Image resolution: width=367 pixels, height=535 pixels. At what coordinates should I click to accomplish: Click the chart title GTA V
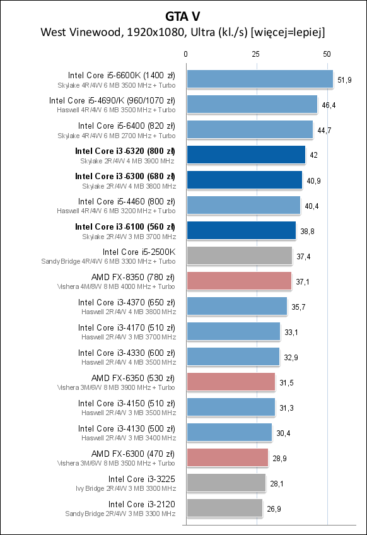click(x=183, y=14)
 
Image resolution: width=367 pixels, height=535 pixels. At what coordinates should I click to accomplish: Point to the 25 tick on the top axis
click(x=256, y=55)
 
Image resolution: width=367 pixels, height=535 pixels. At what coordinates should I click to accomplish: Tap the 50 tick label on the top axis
click(x=327, y=55)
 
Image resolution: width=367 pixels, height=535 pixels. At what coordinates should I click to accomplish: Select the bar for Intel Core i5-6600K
click(x=259, y=79)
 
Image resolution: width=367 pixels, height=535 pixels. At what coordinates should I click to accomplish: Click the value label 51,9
click(x=345, y=79)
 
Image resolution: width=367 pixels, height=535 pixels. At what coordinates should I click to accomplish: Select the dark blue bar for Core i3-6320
click(x=245, y=155)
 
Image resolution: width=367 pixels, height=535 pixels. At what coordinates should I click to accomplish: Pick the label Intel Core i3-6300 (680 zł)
click(x=125, y=176)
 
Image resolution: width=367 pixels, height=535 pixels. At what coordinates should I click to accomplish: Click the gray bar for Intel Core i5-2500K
click(x=239, y=256)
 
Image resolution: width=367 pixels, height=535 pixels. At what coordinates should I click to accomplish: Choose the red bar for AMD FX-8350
click(x=238, y=281)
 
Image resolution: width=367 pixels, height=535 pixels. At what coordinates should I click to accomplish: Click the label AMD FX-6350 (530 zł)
click(x=133, y=378)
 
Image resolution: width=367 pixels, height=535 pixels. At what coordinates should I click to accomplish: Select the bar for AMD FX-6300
click(x=227, y=457)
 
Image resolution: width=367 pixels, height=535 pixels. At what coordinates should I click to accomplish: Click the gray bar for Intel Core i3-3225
click(x=226, y=483)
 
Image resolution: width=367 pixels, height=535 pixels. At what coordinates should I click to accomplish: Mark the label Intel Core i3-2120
click(x=141, y=504)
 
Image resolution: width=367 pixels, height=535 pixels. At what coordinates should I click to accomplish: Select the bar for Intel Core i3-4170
click(x=233, y=331)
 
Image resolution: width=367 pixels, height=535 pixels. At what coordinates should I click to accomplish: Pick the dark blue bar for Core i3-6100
click(x=241, y=230)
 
